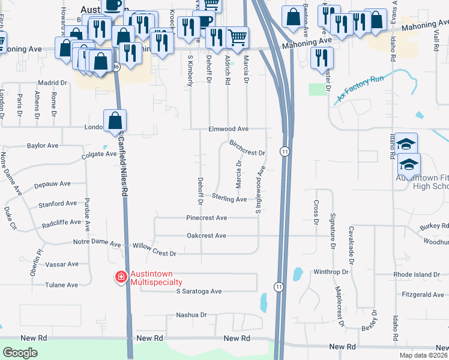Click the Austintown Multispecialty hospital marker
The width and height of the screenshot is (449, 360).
coord(121,277)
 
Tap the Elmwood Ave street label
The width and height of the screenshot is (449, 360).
coord(228,129)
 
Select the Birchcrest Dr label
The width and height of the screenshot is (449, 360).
coord(247,148)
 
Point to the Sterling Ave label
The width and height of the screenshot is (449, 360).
coord(229,199)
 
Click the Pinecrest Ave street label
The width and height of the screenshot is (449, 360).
coord(206,218)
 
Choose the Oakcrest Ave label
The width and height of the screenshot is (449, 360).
coord(206,236)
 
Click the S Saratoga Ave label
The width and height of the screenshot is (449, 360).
coord(199,292)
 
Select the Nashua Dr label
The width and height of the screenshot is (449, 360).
coord(191,314)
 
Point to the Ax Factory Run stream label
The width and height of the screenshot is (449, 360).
coord(360,88)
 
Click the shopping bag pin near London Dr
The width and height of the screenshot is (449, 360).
coord(114,120)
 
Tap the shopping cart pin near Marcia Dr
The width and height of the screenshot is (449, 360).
coord(238,37)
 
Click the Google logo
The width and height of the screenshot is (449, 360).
coord(20,353)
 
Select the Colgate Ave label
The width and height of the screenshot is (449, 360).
coord(99,154)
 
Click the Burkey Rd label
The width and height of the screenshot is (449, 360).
coord(434,226)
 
